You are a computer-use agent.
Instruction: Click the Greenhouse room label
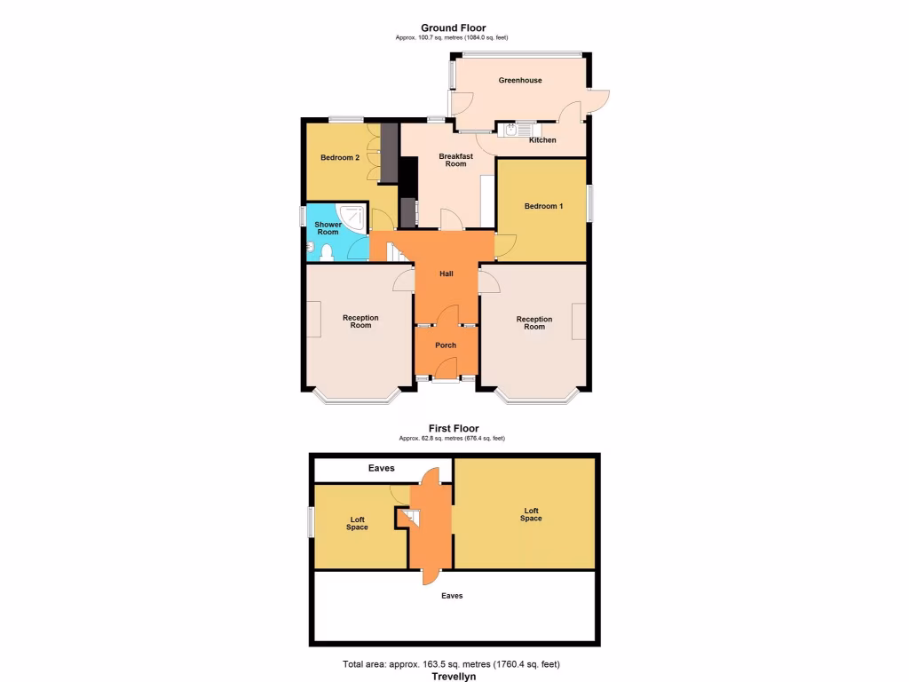pos(519,80)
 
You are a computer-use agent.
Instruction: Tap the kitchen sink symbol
pos(515,130)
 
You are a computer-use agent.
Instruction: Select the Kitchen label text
pos(542,140)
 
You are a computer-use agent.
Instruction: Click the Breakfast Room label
pos(455,160)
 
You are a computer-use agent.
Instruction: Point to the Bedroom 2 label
pos(339,158)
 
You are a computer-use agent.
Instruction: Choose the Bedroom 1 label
pos(543,206)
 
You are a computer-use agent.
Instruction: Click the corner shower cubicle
pos(352,217)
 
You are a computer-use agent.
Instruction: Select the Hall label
pos(447,274)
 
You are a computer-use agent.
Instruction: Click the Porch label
pos(446,345)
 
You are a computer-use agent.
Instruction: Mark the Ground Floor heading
pos(453,28)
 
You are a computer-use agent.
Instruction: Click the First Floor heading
pos(453,428)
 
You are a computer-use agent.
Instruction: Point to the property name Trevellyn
pos(454,677)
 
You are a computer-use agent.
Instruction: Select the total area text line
pos(451,664)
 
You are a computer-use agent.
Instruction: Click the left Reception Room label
pos(360,321)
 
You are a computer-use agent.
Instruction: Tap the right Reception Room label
pos(534,322)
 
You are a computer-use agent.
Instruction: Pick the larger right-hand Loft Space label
pos(531,514)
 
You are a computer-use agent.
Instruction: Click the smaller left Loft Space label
pos(357,523)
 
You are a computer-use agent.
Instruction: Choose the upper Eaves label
pos(382,468)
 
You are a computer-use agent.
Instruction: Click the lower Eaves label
pos(452,596)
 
